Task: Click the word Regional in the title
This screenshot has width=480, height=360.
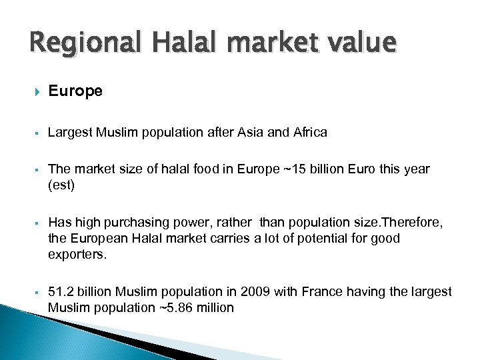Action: coord(71,44)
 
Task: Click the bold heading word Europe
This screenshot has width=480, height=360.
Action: coord(75,91)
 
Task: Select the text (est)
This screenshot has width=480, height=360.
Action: coord(62,185)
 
